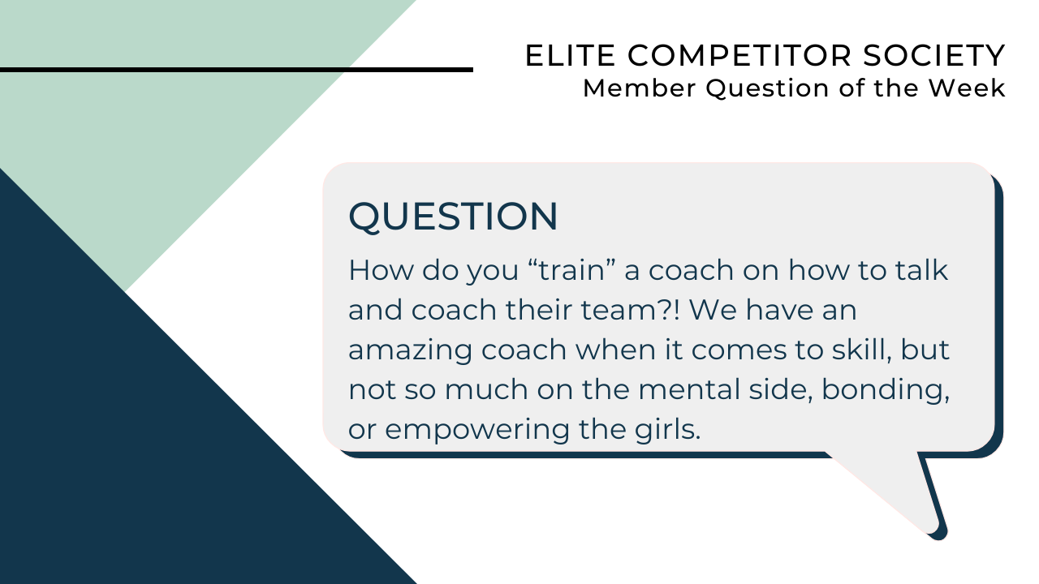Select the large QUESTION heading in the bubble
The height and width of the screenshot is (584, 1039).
[x=453, y=217]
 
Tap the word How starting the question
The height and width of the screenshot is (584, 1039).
[x=375, y=270]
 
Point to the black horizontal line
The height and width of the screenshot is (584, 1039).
[x=235, y=70]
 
